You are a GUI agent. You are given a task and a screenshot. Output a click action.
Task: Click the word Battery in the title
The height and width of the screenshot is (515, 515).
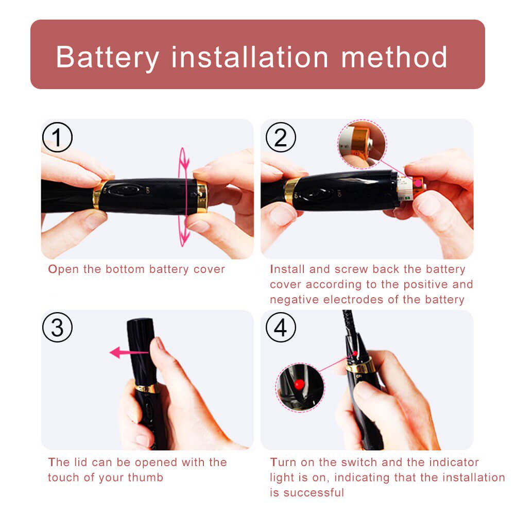[108, 58]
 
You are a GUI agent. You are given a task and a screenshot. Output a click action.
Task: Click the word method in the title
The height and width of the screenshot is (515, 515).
[394, 57]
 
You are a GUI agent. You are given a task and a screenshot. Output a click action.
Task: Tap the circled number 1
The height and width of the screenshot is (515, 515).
[57, 137]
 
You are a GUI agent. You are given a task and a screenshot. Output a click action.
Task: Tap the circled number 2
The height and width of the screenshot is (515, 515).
[281, 137]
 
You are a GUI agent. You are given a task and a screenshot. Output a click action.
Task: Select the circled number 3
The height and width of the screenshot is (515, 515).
[57, 327]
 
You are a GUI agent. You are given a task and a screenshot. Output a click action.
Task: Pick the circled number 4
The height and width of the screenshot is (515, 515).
[281, 327]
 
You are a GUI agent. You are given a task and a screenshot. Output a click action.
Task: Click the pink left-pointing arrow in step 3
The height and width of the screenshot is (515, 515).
[129, 353]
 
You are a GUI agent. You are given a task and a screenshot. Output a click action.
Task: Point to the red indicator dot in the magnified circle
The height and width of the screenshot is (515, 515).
[299, 384]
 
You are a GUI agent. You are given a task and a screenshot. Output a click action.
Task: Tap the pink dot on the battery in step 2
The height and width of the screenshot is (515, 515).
[418, 183]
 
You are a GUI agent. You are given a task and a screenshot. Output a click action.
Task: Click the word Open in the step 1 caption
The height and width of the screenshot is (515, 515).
[63, 270]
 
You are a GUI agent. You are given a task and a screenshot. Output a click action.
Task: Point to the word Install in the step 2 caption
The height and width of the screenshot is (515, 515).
[287, 269]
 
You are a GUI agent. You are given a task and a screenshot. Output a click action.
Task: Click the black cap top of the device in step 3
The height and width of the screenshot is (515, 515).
[140, 323]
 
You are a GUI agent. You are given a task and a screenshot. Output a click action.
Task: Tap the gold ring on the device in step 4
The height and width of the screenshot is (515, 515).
[359, 365]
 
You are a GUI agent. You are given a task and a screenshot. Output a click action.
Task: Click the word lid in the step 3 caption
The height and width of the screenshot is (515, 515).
[80, 462]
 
